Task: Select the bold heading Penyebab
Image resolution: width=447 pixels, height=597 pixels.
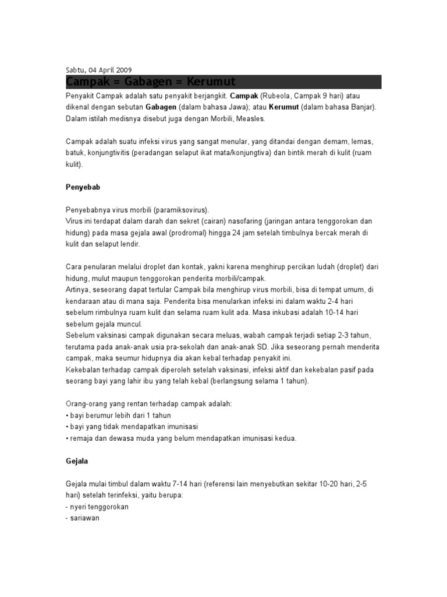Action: point(81,188)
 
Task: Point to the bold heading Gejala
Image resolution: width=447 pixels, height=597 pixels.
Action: point(76,461)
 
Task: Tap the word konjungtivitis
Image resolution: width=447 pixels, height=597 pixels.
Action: point(109,153)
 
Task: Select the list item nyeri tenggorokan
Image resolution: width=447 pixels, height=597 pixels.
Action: point(98,507)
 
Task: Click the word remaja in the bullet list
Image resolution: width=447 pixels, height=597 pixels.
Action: point(81,438)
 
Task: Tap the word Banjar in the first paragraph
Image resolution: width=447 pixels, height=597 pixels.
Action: point(361,107)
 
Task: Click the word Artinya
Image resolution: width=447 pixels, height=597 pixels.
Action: point(78,290)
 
